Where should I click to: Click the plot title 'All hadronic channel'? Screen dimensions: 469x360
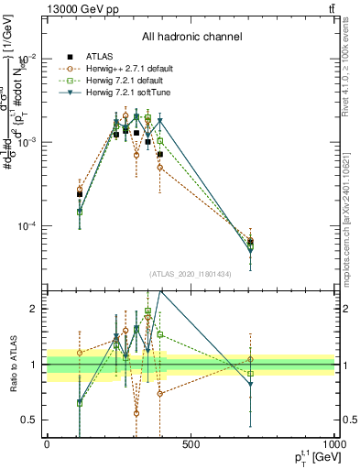pyautogui.click(x=191, y=37)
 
